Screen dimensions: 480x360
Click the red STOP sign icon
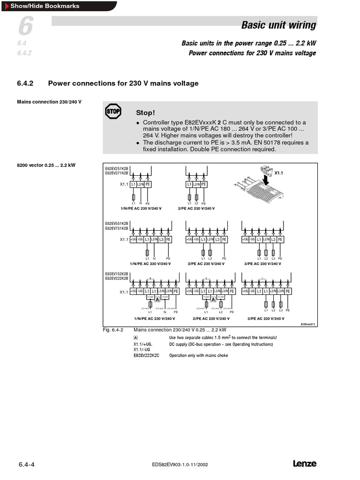pos(113,112)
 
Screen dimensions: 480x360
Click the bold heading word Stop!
pos(145,113)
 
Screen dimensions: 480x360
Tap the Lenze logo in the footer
pos(305,464)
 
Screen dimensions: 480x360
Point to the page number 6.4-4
pos(27,465)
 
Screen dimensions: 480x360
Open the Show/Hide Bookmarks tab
pos(45,6)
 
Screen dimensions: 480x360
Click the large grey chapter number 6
pos(25,27)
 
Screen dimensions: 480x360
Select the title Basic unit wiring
pos(278,25)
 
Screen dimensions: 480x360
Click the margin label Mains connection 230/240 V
pos(49,102)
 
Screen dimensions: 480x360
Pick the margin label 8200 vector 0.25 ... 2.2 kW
pos(46,165)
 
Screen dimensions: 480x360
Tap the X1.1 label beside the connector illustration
pos(279,172)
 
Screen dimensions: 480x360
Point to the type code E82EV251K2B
pos(116,169)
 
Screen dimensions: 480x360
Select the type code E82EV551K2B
pos(116,223)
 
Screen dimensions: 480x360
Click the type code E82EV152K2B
pos(116,274)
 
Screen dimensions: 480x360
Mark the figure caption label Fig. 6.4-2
pos(113,330)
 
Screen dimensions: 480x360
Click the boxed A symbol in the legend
pos(136,337)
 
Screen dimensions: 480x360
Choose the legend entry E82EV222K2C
pos(146,355)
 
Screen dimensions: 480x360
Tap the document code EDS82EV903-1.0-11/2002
pos(180,465)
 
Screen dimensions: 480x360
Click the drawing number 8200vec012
pos(308,324)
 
